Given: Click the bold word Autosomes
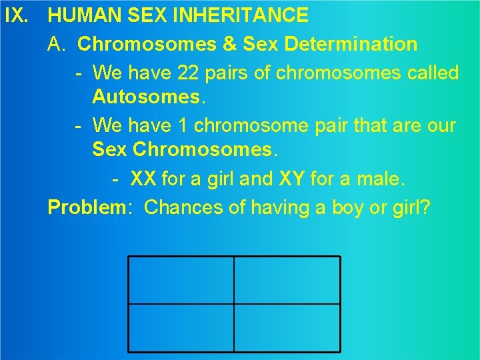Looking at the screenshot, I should (x=145, y=98).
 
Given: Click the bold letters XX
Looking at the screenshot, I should (x=143, y=179).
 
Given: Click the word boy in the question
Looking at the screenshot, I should (x=353, y=207).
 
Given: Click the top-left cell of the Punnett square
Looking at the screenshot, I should (x=181, y=280).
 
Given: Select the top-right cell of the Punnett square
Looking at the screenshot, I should (x=287, y=280).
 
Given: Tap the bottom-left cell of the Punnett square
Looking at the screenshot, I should (x=181, y=327).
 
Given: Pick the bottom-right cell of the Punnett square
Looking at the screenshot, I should (x=287, y=327).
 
